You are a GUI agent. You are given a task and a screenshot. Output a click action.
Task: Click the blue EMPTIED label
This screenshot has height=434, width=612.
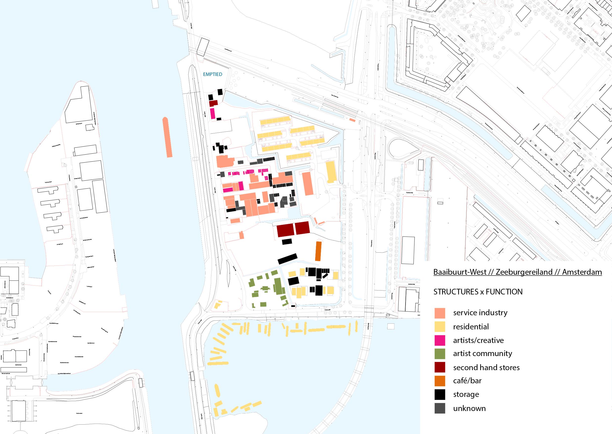[x=213, y=74]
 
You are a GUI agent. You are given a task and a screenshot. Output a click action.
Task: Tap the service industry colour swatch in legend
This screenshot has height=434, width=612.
[x=440, y=313]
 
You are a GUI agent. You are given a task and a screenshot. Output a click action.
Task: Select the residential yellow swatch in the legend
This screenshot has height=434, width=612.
[x=440, y=327]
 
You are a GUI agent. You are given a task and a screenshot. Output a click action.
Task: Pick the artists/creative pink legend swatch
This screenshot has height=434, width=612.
[x=440, y=340]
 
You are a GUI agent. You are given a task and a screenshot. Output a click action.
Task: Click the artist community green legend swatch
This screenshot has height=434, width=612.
[x=440, y=354]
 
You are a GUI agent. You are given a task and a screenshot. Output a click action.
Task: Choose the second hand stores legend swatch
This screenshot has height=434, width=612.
[x=440, y=367]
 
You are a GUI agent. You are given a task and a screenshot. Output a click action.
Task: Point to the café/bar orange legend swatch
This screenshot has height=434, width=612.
[x=440, y=381]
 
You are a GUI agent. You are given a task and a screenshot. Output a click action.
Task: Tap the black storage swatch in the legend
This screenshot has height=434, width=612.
[x=440, y=394]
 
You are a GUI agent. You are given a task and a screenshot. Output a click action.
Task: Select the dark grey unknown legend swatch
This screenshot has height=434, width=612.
[x=440, y=408]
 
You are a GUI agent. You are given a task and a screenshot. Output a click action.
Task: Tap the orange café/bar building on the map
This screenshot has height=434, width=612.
[x=318, y=251]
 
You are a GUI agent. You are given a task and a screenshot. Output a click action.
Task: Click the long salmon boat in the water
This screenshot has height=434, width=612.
[x=167, y=137]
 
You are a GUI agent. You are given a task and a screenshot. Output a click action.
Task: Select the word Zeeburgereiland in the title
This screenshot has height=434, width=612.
[x=524, y=272]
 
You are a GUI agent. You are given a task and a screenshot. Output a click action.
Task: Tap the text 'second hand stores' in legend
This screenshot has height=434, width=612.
[x=486, y=367]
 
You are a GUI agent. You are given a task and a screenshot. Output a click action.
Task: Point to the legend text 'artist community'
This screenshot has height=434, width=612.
[x=482, y=354]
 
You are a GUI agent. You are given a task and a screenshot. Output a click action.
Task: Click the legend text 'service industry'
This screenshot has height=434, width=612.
[x=480, y=313]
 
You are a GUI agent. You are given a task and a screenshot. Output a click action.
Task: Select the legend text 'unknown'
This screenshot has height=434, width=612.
[x=469, y=408]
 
